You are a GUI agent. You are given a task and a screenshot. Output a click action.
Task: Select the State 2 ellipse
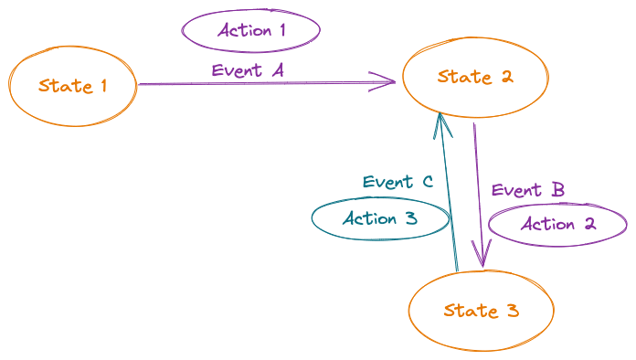[475, 78]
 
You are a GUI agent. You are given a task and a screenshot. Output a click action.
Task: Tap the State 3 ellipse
[481, 311]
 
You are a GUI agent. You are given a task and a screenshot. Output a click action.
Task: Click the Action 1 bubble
[251, 30]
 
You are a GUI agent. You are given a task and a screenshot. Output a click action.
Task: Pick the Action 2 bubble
[557, 224]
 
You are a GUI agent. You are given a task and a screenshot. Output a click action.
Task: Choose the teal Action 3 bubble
[380, 219]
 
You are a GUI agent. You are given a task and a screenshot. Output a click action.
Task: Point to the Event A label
[248, 70]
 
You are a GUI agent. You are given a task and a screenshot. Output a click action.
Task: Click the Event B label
[527, 190]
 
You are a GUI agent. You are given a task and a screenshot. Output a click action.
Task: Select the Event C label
[397, 182]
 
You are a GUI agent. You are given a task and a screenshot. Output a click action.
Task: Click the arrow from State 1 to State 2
[265, 84]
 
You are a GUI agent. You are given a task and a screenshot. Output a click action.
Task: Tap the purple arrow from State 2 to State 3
[478, 192]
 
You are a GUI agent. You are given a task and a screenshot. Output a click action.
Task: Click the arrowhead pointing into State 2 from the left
[387, 83]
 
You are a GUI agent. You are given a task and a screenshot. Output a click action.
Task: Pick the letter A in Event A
[278, 70]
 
